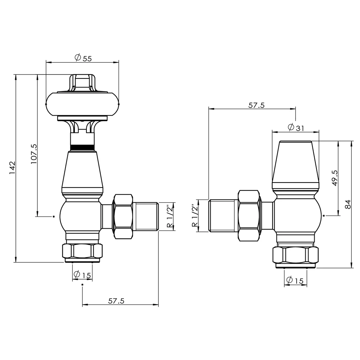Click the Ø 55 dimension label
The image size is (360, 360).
pyautogui.click(x=83, y=58)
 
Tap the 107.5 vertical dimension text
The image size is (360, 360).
pyautogui.click(x=34, y=154)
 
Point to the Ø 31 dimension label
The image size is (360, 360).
pyautogui.click(x=296, y=127)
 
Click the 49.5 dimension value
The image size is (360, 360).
pyautogui.click(x=334, y=178)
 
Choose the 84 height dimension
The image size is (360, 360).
pyautogui.click(x=348, y=204)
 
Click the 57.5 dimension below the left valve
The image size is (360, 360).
pyautogui.click(x=116, y=301)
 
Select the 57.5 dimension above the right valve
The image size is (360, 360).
pyautogui.click(x=257, y=105)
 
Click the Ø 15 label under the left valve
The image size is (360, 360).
pyautogui.click(x=82, y=275)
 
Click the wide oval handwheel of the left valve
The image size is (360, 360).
pyautogui.click(x=82, y=104)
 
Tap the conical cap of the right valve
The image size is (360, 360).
pyautogui.click(x=295, y=162)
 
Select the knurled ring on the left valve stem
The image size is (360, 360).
pyautogui.click(x=82, y=147)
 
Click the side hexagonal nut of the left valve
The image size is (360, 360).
pyautogui.click(x=123, y=216)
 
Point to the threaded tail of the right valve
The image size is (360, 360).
pyautogui.click(x=222, y=216)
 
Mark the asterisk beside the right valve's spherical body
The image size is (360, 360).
pyautogui.click(x=324, y=216)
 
